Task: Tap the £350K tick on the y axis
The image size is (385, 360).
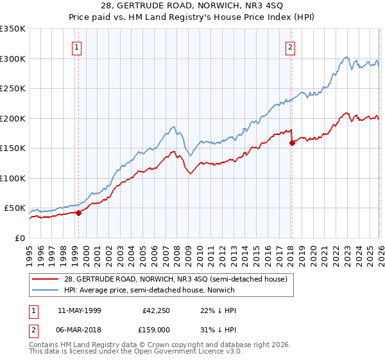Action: [13, 29]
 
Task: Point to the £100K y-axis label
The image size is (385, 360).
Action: [13, 178]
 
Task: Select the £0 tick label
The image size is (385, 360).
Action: [19, 238]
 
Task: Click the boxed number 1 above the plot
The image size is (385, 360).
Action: [77, 47]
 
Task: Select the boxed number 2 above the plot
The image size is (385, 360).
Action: [290, 47]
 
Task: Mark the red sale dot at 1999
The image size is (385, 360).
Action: [78, 213]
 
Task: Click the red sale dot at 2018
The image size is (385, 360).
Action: [292, 143]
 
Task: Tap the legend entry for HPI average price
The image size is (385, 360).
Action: [149, 290]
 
